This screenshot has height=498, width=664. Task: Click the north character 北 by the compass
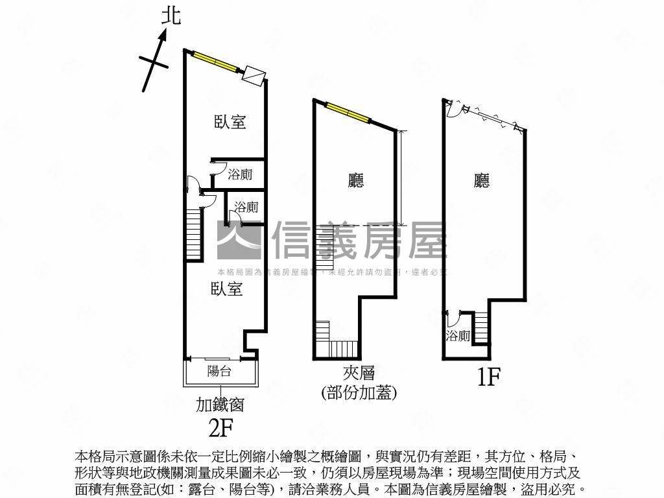tap(171, 16)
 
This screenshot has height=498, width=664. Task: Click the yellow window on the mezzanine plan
tap(348, 112)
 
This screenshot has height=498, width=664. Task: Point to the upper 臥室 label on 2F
tap(230, 121)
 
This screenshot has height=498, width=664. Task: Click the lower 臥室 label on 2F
tap(226, 289)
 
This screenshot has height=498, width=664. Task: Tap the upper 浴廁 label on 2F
tap(240, 174)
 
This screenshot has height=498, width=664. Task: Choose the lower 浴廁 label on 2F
tap(246, 207)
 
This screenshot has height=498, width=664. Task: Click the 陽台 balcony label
tap(219, 372)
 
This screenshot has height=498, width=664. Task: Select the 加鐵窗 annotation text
tap(220, 405)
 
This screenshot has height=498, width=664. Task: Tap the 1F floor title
tap(490, 377)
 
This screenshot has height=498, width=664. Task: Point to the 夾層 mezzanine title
tap(359, 373)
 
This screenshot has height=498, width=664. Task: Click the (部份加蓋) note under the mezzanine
tap(359, 392)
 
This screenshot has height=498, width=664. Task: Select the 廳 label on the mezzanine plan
tap(356, 180)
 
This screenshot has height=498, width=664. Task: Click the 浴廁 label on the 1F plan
tap(458, 336)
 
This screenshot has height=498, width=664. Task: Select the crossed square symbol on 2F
tap(253, 75)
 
